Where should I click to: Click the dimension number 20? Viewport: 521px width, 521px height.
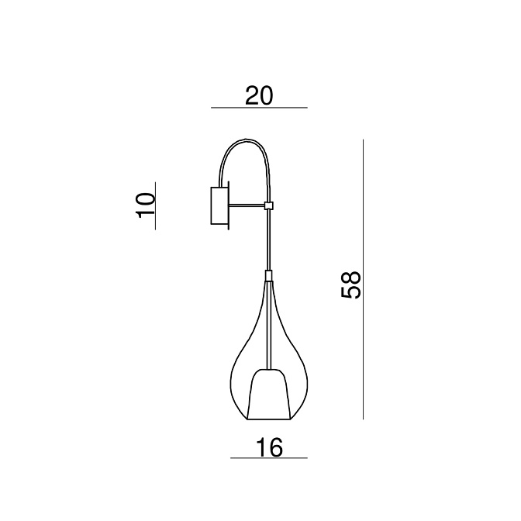259,95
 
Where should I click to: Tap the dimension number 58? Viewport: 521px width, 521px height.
351,285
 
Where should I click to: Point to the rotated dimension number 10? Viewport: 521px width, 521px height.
146,205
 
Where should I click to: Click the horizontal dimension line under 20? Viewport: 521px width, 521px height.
259,108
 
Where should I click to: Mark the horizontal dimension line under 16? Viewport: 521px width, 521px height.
269,458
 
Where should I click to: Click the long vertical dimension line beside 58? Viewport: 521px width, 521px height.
363,279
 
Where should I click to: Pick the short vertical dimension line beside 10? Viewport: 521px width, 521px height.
156,205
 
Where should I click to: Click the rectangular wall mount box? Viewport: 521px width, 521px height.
219,206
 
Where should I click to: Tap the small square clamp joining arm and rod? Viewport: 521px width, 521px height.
268,205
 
